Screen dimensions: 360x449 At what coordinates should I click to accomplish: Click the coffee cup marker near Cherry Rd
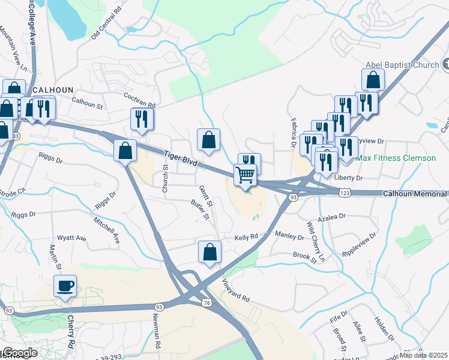click(65, 286)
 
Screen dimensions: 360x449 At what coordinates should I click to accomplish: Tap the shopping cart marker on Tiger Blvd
click(246, 175)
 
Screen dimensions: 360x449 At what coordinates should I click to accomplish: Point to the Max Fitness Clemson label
click(396, 158)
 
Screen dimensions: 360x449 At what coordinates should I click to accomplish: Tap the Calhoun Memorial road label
click(415, 194)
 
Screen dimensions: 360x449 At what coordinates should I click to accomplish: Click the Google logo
click(20, 353)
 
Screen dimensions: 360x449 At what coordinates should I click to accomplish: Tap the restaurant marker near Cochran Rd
click(142, 119)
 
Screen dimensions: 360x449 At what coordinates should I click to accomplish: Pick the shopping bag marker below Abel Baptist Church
click(373, 80)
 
